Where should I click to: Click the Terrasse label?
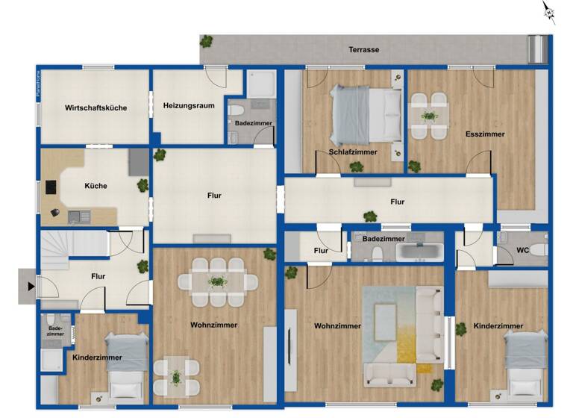364,50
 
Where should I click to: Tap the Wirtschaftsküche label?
95,108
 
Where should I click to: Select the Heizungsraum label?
189,106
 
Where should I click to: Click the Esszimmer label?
485,134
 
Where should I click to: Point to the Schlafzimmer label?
353,152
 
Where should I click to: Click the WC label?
523,251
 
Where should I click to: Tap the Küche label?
95,186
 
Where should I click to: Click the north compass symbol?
549,11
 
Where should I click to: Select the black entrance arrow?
30,285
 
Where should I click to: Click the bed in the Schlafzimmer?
366,112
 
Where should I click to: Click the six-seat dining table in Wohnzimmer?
217,282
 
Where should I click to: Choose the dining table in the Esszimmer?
429,116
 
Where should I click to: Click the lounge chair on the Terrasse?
536,49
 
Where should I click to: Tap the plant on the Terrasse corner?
207,42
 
